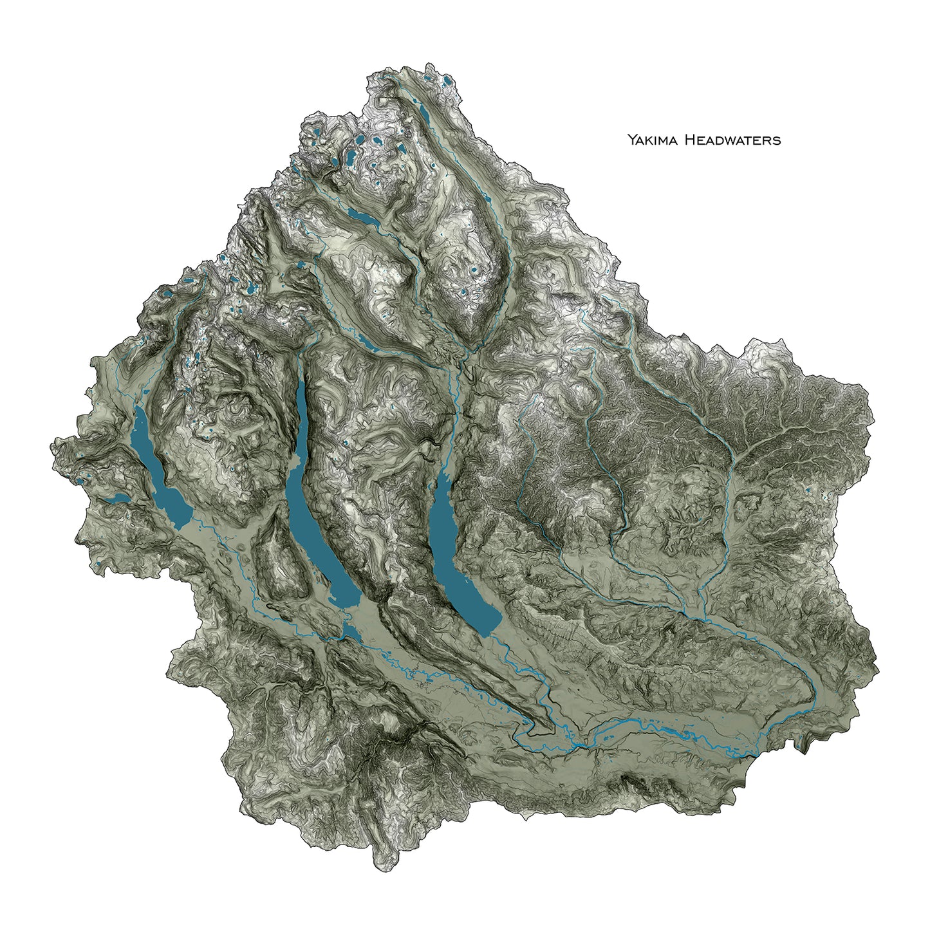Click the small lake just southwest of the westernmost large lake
tap(119, 498)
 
